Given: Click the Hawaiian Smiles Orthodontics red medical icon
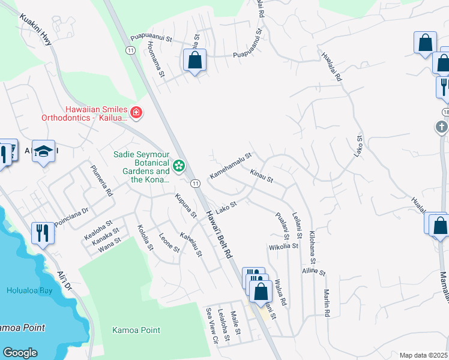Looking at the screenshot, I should coord(136,112).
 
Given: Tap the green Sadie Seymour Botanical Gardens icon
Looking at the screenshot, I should coord(178,166).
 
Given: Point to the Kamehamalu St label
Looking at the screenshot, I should coord(229,166).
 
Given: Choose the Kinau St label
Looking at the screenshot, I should coord(261,176).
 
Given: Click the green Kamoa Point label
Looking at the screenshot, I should coord(136,330).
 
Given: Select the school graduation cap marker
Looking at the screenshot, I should coord(43,152).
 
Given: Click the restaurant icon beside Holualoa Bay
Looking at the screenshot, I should coord(42,232).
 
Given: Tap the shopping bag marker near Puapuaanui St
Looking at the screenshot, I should coord(194,61).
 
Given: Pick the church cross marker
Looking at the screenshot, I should coord(441,127).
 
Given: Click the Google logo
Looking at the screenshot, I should coord(20,353).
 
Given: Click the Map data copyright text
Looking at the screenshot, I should coord(423,355).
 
